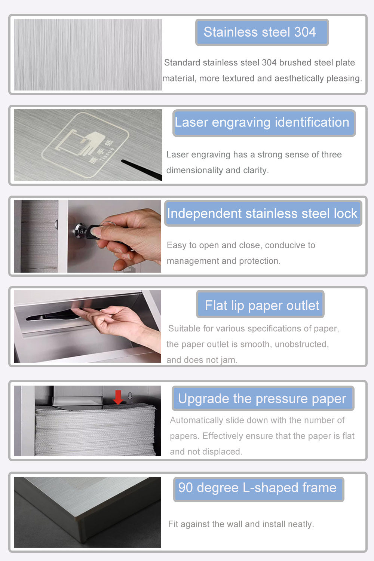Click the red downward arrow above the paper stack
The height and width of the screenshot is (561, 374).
(x=118, y=397)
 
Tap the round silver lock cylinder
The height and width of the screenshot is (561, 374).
(x=80, y=230)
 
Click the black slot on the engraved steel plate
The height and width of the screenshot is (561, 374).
(x=142, y=169)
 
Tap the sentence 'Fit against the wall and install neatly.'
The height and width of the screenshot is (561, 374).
(x=241, y=524)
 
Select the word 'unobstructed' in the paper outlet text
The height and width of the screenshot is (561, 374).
(x=301, y=344)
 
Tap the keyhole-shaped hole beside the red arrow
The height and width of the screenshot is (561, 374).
(x=130, y=395)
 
